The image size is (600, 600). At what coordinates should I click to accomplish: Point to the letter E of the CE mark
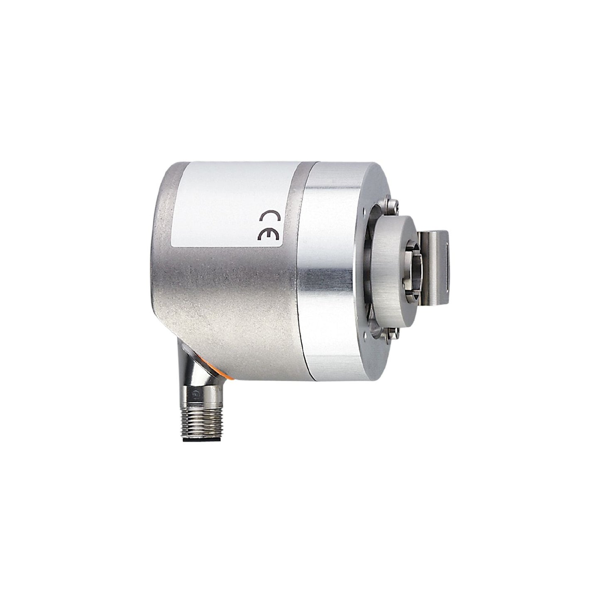pos(269,235)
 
